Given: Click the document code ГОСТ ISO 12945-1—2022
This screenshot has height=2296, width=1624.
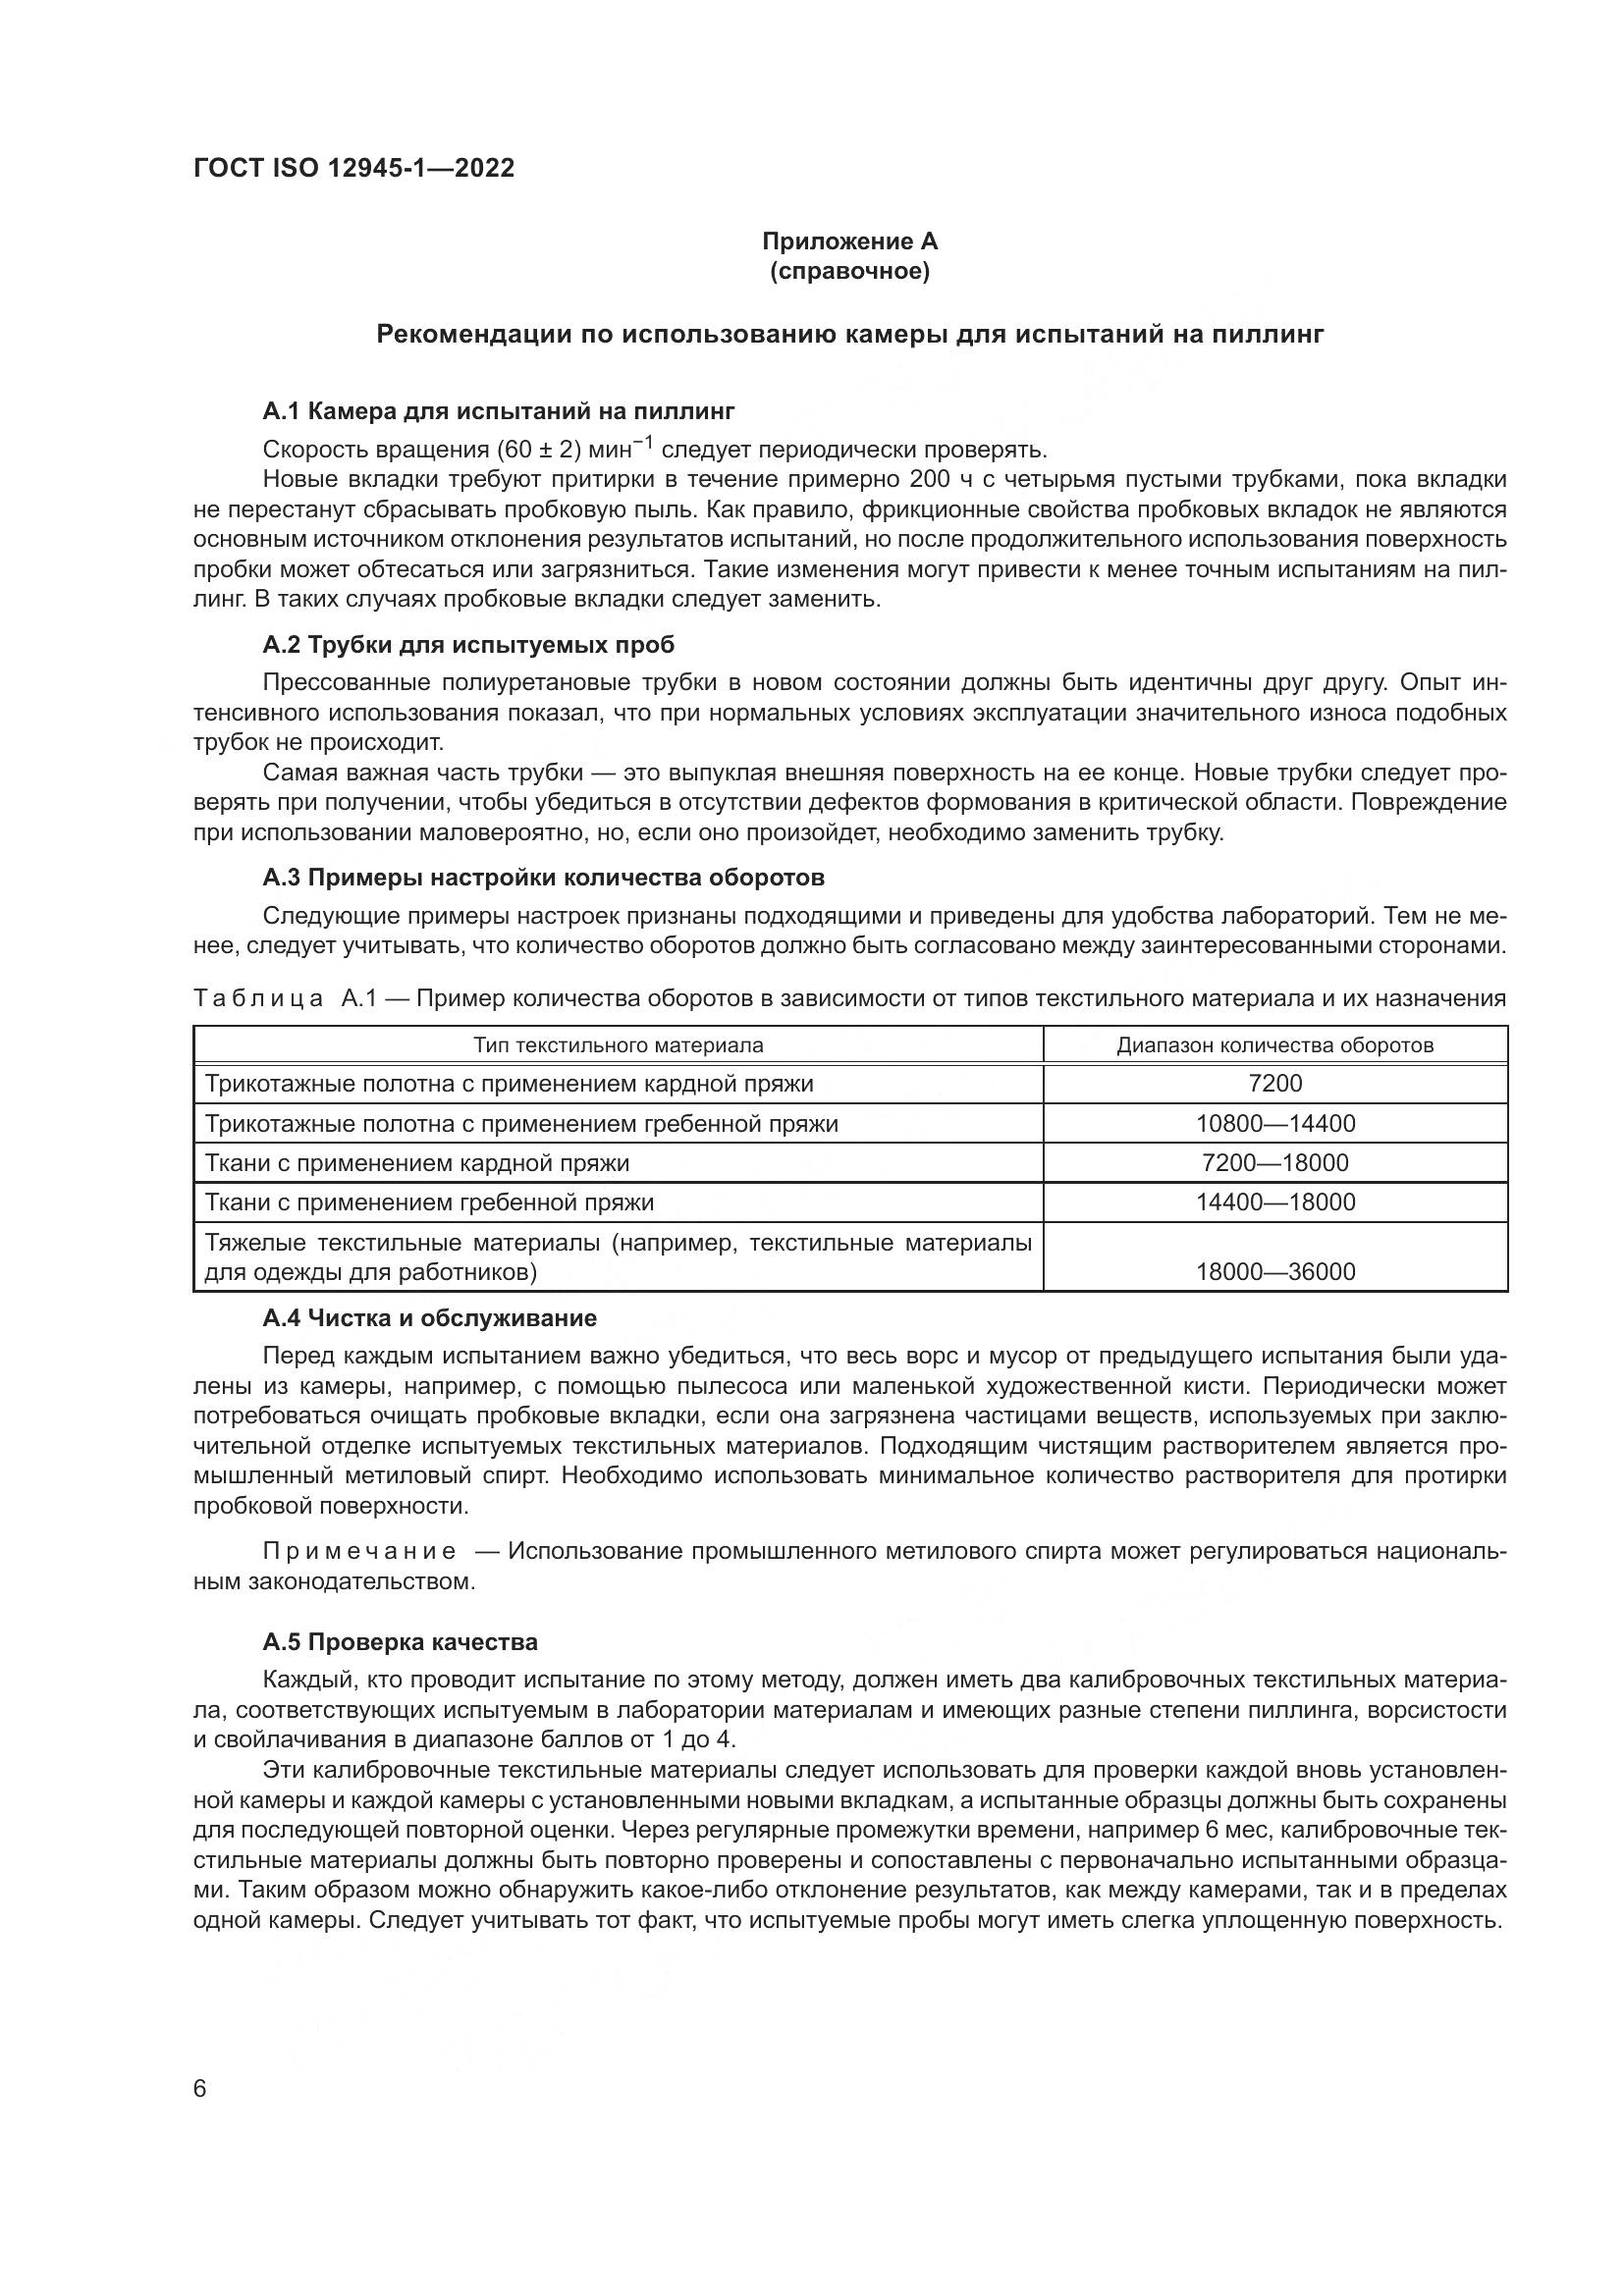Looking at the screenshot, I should coord(354,168).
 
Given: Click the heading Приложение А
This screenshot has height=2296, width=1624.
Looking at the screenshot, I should coord(849,241).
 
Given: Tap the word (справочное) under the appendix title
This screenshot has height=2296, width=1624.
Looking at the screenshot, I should coord(849,271).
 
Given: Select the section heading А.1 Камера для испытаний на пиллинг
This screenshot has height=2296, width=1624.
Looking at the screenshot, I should coord(498,411).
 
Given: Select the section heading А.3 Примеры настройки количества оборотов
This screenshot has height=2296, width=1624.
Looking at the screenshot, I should coord(543,877).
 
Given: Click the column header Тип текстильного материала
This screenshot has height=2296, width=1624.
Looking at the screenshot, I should coord(618,1045).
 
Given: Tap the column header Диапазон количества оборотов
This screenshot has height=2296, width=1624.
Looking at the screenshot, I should coord(1275,1045).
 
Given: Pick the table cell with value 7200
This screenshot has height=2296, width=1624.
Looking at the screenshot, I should coord(1275,1084).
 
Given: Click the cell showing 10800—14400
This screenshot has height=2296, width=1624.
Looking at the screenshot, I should coord(1275,1123).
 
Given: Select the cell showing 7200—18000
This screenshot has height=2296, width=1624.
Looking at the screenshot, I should coord(1275,1163).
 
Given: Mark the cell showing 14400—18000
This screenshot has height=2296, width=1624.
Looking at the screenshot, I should coord(1275,1202).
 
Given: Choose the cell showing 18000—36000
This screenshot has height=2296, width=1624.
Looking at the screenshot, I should coord(1275,1271).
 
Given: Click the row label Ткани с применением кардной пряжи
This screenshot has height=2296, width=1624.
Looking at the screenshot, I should coord(417,1163).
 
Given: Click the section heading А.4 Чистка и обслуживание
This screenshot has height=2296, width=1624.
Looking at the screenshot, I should coord(429,1318).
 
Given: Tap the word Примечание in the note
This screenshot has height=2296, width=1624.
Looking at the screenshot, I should coord(359,1551).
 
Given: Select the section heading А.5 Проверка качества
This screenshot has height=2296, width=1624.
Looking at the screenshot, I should coord(400,1642).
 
